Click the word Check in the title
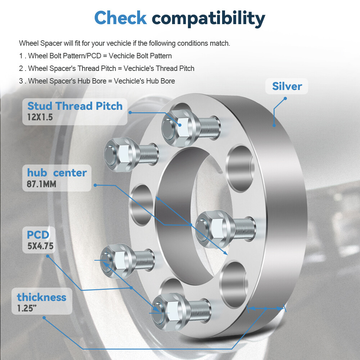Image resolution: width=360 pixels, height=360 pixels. click(x=120, y=18)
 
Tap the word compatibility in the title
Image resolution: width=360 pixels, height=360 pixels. click(x=208, y=18)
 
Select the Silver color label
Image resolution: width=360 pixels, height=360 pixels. click(x=287, y=86)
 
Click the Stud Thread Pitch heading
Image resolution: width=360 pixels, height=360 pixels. click(x=75, y=106)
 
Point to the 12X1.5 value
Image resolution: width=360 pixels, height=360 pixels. click(x=40, y=117)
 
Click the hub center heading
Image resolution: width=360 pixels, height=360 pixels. click(x=57, y=173)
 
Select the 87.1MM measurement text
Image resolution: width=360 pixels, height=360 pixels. click(x=41, y=184)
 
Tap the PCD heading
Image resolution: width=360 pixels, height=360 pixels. click(x=38, y=235)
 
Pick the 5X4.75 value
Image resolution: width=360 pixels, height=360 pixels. click(x=40, y=246)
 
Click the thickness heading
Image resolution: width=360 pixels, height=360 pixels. click(x=42, y=297)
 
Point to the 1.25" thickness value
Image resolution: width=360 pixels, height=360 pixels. click(x=27, y=309)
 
